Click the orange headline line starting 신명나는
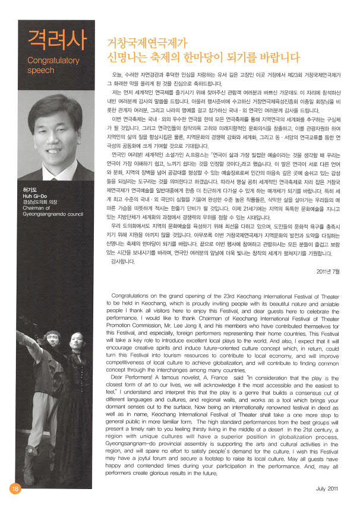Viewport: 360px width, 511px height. pos(204,57)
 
